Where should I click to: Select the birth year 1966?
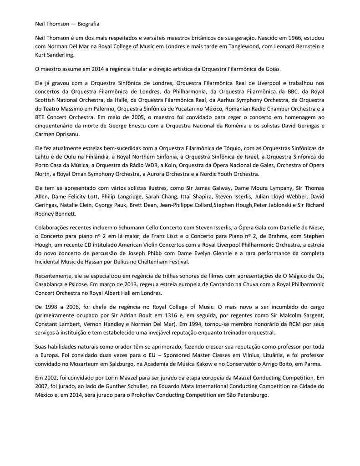click(x=289, y=38)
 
